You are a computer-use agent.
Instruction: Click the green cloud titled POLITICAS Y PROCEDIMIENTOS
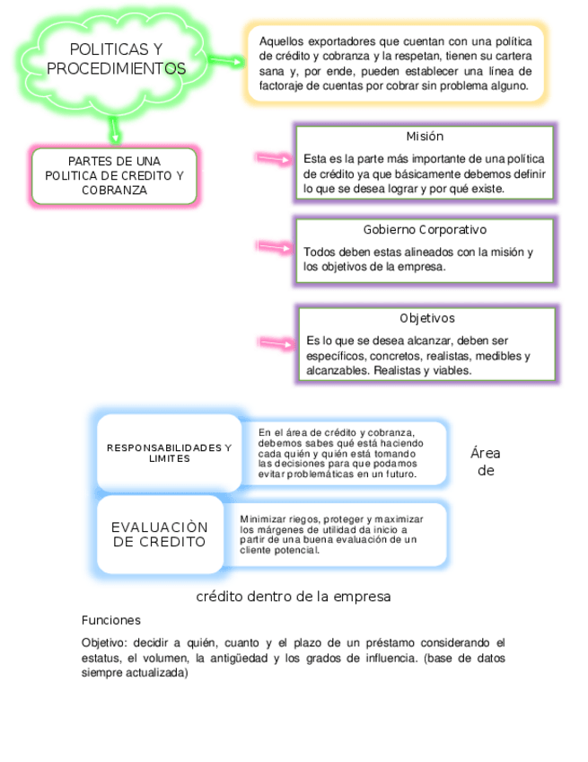pyautogui.click(x=117, y=58)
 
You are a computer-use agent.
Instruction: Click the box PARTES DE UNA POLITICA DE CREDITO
pyautogui.click(x=114, y=175)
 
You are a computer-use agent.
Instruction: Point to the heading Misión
pyautogui.click(x=424, y=137)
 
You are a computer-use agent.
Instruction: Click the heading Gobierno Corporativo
pyautogui.click(x=425, y=230)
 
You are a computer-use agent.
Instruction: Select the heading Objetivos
pyautogui.click(x=426, y=318)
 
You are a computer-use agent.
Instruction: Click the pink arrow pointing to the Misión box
pyautogui.click(x=274, y=158)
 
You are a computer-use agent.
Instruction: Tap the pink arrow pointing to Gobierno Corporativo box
pyautogui.click(x=274, y=245)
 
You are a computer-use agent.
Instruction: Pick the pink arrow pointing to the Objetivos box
pyautogui.click(x=276, y=342)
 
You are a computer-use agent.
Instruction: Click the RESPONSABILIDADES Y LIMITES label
pyautogui.click(x=169, y=453)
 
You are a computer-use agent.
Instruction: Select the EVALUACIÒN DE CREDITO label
pyautogui.click(x=160, y=534)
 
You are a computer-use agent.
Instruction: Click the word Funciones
pyautogui.click(x=110, y=620)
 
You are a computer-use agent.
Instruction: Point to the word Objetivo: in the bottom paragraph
pyautogui.click(x=106, y=642)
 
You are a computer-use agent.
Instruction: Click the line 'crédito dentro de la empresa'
pyautogui.click(x=293, y=596)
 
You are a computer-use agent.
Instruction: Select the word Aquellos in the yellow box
pyautogui.click(x=281, y=41)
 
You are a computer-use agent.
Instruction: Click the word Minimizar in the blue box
pyautogui.click(x=259, y=519)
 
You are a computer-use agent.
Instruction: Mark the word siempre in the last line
pyautogui.click(x=100, y=674)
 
